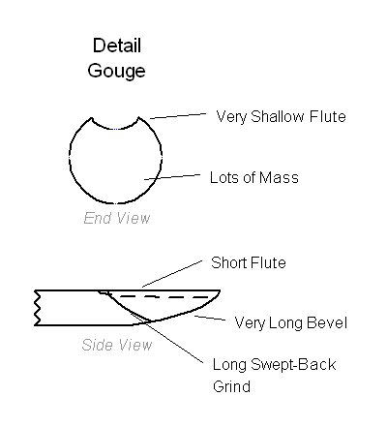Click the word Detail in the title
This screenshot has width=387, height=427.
pos(117,46)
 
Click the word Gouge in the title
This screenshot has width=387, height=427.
pos(116,71)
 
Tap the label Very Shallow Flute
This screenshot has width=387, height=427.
pos(281,117)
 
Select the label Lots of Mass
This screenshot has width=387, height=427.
pos(254,178)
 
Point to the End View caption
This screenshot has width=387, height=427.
pos(117,218)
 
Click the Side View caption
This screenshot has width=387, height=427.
pos(117,345)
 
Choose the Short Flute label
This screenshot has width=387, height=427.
pos(249,262)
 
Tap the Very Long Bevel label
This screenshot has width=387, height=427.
pos(291,323)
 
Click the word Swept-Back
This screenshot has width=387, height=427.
pos(293,365)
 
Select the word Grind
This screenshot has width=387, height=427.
pos(231,386)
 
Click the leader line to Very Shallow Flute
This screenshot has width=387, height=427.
pos(178,116)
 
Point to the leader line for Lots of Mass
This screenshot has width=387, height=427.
pos(172,177)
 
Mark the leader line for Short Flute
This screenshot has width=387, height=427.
pos(172,273)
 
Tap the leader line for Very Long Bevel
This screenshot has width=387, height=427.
pos(210,318)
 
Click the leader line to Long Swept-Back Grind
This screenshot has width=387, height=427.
pos(167,338)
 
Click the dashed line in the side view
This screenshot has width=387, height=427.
pos(164,296)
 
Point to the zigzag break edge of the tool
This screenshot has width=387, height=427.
pos(37,308)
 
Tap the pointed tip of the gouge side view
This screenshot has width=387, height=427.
pos(220,290)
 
